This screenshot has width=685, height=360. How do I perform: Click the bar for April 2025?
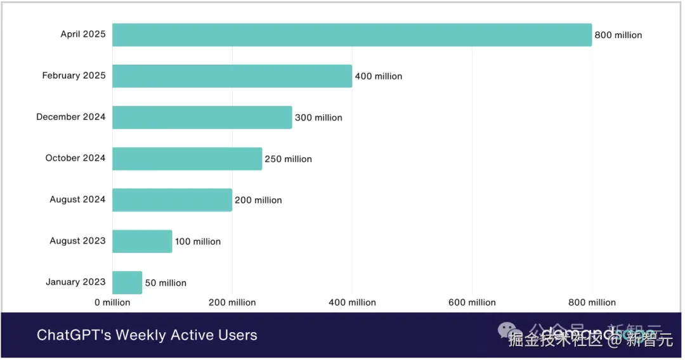352,35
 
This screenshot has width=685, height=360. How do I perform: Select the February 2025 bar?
232,76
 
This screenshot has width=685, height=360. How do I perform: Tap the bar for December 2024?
202,117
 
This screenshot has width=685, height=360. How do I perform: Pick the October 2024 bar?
187,158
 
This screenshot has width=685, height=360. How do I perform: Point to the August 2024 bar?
172,200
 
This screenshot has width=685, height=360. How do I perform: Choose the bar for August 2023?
142,241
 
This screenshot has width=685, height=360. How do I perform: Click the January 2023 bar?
127,283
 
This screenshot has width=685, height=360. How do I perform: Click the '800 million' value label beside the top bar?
618,35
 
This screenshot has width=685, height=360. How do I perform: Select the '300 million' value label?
318,118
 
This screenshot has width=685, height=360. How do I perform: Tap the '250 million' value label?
288,159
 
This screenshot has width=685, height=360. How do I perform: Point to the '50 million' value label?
166,283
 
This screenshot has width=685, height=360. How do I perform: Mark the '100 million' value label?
198,241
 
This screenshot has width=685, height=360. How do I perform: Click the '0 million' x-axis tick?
112,302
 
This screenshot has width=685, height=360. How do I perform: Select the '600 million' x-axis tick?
472,302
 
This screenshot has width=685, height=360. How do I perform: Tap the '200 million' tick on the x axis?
232,302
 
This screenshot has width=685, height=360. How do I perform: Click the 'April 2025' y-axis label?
83,34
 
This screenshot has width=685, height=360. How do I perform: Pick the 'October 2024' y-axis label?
75,158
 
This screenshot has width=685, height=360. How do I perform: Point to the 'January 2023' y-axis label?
75,282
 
